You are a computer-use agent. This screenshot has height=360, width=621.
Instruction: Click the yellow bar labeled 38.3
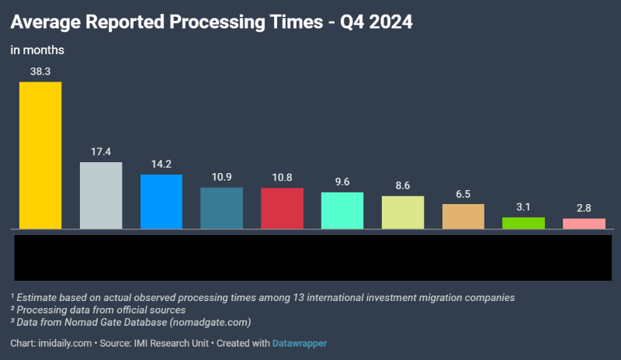[x=40, y=155]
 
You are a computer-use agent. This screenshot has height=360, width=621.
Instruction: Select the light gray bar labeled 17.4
[x=101, y=196]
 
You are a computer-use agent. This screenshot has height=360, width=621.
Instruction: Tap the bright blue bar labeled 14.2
[x=161, y=202]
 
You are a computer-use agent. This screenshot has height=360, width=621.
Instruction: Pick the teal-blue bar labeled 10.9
[x=221, y=208]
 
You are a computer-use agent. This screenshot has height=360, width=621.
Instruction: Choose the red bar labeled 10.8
[x=282, y=208]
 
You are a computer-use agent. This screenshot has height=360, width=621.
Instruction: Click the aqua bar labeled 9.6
[x=342, y=210]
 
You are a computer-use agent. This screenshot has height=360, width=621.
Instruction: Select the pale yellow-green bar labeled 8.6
[x=403, y=213]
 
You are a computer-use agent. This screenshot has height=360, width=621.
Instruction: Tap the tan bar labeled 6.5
[x=463, y=216]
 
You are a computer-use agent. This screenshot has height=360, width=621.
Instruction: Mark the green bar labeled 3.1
[x=523, y=223]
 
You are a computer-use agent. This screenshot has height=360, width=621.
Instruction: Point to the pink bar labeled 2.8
[x=584, y=223]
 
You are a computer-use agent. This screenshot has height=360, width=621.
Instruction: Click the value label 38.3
[x=40, y=71]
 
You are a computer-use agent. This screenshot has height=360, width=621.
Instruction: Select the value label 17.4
[x=101, y=152]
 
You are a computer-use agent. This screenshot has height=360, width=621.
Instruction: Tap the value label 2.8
[x=584, y=209]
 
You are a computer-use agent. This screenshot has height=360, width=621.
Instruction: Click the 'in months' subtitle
[x=37, y=50]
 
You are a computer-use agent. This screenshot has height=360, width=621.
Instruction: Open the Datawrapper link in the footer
[x=300, y=343]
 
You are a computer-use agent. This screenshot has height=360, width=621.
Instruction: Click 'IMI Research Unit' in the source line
[x=173, y=343]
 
